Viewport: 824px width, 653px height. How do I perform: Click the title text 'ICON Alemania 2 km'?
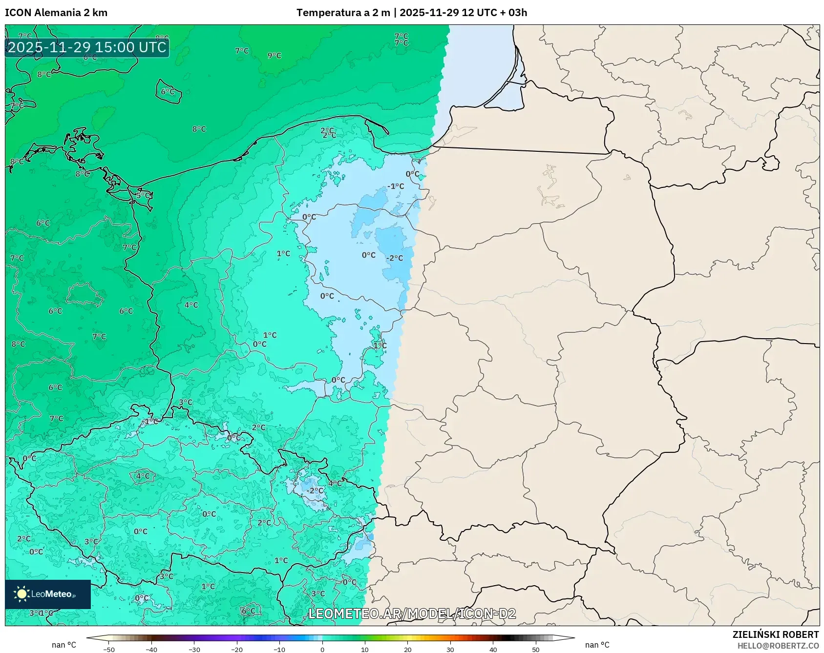click(x=56, y=13)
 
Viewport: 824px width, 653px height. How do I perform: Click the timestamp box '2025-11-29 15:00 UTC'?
click(x=87, y=47)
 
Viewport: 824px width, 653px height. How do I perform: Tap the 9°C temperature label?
click(x=275, y=56)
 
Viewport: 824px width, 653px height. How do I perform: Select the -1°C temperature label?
click(x=396, y=186)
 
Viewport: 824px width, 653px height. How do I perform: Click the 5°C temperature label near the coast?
click(x=143, y=196)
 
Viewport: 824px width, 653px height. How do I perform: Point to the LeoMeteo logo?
click(x=48, y=594)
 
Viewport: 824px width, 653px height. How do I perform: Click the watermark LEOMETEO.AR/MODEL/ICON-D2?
click(x=412, y=613)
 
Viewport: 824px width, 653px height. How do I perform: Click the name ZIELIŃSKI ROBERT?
click(x=775, y=634)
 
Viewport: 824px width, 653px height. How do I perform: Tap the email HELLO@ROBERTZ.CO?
click(x=778, y=646)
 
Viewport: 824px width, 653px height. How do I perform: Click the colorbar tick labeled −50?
click(x=109, y=650)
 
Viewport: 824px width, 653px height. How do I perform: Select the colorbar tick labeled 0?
click(x=322, y=650)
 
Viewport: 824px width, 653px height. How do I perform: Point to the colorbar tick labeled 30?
click(x=450, y=650)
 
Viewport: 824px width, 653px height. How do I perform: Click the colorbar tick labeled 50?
click(x=536, y=650)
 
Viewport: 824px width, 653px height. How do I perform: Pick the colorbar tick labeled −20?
click(x=236, y=650)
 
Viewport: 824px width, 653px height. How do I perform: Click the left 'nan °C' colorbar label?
click(x=64, y=645)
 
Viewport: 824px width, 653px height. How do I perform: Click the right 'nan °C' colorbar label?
click(x=597, y=645)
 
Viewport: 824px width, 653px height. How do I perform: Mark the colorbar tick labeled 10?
click(x=365, y=650)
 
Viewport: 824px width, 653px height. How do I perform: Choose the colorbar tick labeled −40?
click(x=151, y=650)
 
